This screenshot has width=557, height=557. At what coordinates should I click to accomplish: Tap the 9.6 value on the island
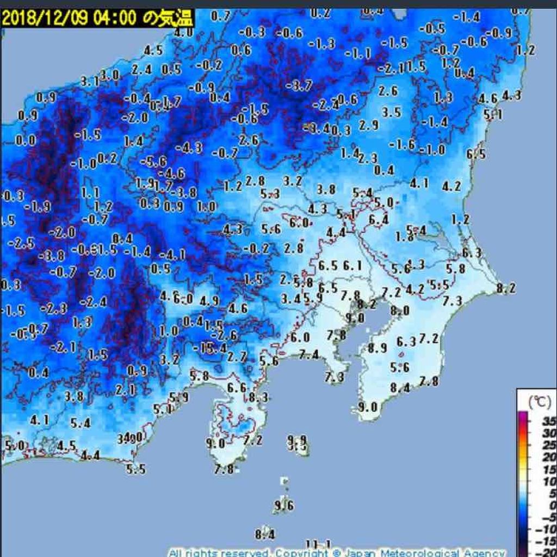(284, 506)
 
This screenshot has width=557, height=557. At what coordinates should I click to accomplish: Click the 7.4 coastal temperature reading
(308, 355)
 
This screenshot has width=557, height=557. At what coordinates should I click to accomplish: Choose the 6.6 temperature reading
(237, 388)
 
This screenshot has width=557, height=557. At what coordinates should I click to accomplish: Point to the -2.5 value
(22, 243)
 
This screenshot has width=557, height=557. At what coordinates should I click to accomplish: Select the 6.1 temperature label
(352, 266)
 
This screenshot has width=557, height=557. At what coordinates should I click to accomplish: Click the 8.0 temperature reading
(400, 311)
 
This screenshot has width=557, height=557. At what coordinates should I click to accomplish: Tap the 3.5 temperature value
(392, 113)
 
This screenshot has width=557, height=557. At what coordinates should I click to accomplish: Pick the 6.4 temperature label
(379, 220)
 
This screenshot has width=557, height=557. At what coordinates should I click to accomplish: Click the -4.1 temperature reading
(174, 255)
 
